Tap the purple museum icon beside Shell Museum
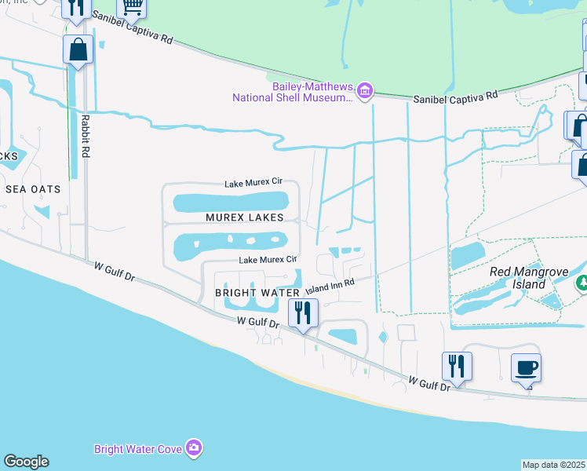pyautogui.click(x=363, y=91)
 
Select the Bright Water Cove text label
pyautogui.click(x=138, y=449)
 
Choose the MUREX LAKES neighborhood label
pyautogui.click(x=244, y=217)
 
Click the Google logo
pyautogui.click(x=26, y=462)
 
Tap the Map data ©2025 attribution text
pyautogui.click(x=554, y=465)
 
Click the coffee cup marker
pyautogui.click(x=526, y=367)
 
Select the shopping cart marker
pyautogui.click(x=132, y=8)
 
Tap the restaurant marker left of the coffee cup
pyautogui.click(x=456, y=365)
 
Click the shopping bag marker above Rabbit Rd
pyautogui.click(x=78, y=49)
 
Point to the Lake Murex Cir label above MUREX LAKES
pyautogui.click(x=253, y=184)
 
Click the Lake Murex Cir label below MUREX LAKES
pyautogui.click(x=268, y=259)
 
